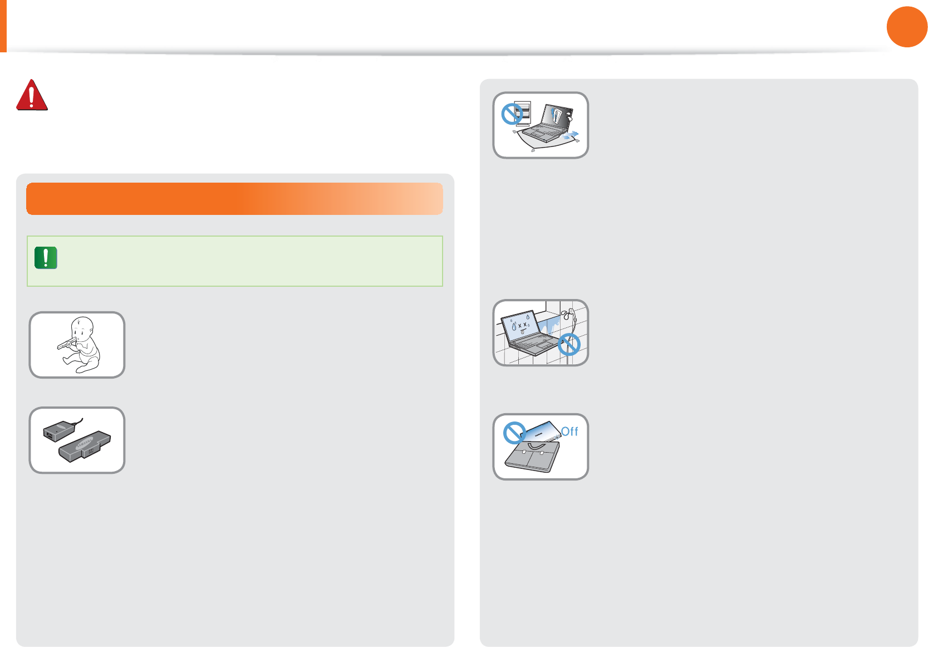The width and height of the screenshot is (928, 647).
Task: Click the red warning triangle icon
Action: point(32,95)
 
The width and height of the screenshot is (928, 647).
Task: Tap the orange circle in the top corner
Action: point(906,27)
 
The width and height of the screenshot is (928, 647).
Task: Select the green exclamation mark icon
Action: point(46,258)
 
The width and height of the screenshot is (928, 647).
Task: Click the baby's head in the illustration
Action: point(83,328)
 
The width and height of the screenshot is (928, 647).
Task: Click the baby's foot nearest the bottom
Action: point(82,369)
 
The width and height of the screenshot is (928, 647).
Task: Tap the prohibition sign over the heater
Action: point(512,114)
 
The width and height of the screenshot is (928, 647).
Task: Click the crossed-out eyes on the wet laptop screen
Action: point(522,325)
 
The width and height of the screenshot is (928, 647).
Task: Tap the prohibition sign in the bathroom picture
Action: point(569,345)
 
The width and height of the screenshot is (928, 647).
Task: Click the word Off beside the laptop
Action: point(569,432)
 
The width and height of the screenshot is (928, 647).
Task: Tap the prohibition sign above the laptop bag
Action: point(514,433)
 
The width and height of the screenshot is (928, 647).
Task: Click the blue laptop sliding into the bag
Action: point(543,431)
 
